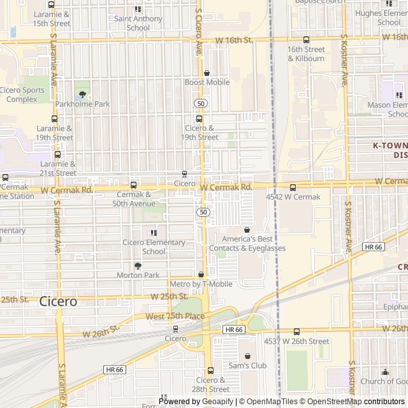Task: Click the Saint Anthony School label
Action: (138, 23)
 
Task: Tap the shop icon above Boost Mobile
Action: (207, 73)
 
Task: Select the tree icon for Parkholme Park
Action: (82, 94)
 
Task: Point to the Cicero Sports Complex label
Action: (22, 94)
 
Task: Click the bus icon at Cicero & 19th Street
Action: (199, 119)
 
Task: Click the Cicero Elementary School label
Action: (154, 247)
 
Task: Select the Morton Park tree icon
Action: (138, 266)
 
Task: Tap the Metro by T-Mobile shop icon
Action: (201, 274)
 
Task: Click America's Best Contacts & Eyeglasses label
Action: (249, 244)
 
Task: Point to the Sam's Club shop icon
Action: (247, 356)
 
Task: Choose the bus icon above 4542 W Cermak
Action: (293, 187)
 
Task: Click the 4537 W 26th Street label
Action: (296, 341)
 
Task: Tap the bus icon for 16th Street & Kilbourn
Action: (306, 40)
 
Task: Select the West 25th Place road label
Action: (175, 316)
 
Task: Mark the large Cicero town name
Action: (58, 301)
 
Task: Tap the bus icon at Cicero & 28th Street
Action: (210, 370)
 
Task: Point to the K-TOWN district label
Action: (390, 150)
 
